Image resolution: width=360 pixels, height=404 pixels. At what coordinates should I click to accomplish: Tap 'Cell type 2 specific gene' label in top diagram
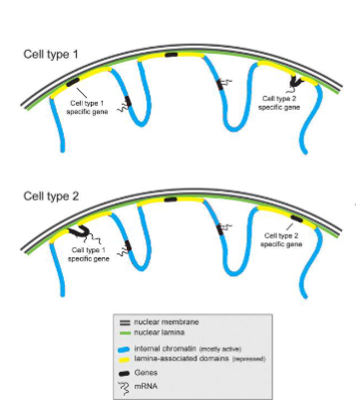point(278,102)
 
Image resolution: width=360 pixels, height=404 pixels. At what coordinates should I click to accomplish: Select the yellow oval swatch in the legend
point(124,358)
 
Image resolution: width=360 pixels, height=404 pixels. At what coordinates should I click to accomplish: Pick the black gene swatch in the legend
point(124,370)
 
